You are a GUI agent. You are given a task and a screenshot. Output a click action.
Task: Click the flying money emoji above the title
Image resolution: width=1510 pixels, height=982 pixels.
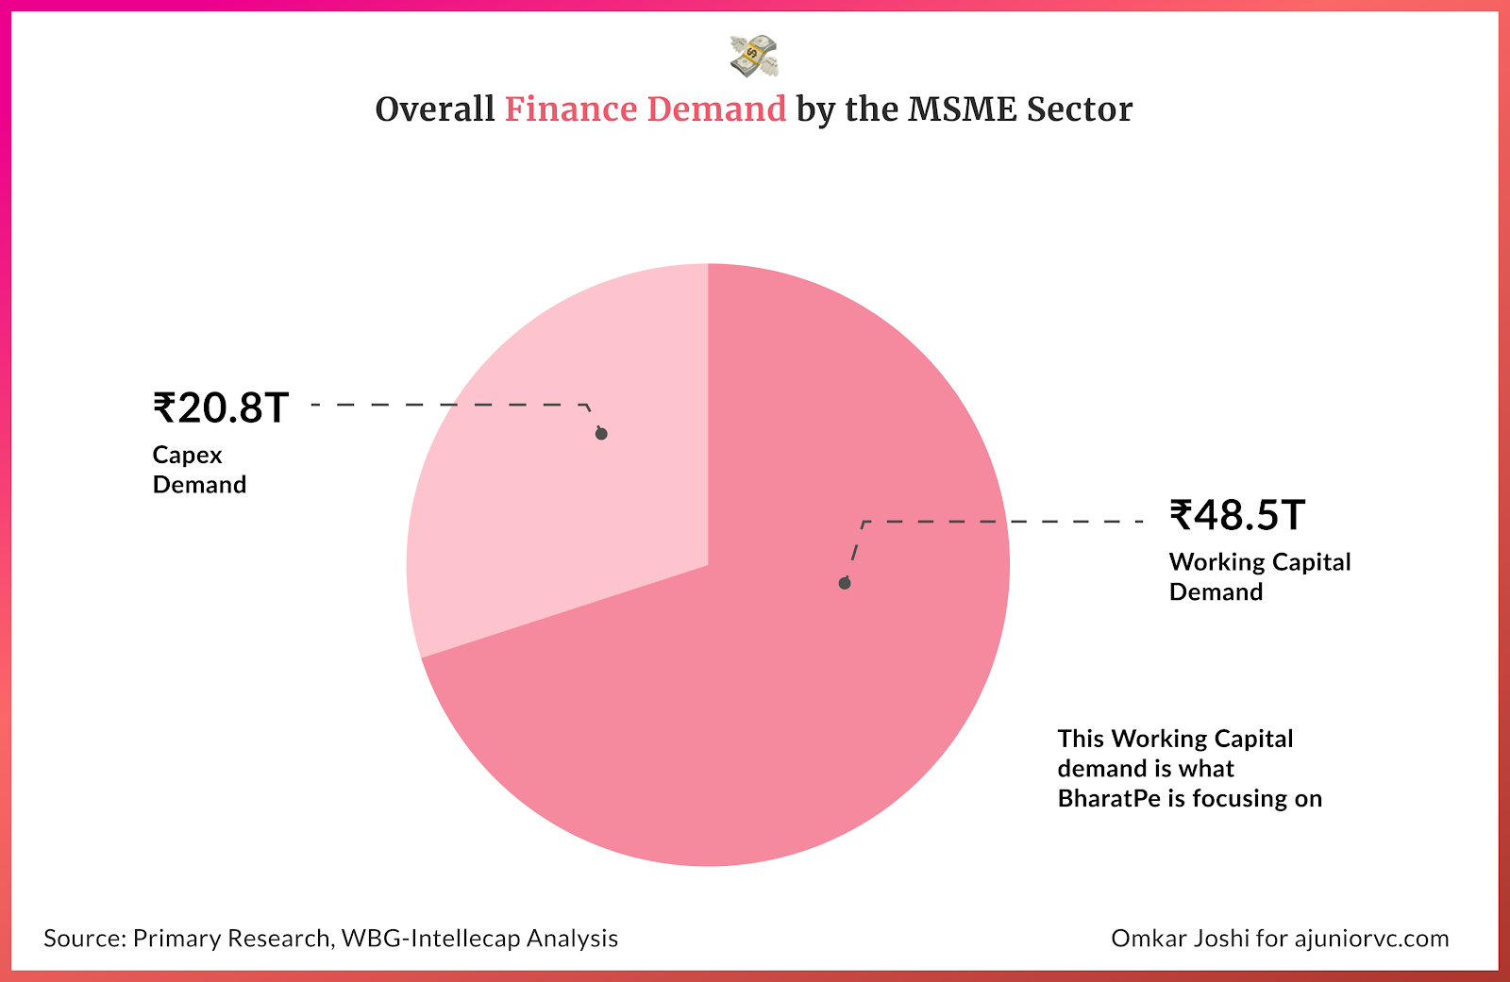(x=753, y=56)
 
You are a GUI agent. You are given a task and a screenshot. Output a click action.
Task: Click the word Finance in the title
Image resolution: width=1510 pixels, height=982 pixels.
(x=571, y=109)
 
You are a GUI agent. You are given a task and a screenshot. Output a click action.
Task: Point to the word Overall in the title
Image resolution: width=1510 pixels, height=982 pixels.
(x=434, y=109)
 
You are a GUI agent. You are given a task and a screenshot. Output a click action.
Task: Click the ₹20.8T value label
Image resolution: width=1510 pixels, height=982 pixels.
(x=221, y=408)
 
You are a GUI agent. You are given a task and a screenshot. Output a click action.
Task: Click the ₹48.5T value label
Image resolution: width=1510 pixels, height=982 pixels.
(x=1237, y=516)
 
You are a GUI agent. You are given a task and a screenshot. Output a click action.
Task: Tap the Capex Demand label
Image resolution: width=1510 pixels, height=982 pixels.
(x=199, y=470)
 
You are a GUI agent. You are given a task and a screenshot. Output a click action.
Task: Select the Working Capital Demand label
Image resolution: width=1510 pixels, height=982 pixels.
(x=1259, y=576)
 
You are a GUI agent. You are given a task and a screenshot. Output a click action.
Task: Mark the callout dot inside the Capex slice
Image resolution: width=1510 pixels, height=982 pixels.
(x=601, y=434)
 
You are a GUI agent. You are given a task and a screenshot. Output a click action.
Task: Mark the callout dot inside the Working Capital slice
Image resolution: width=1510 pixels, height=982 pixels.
(x=845, y=583)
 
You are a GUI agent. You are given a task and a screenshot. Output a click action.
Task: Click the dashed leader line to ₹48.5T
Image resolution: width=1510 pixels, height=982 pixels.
(x=1000, y=521)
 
